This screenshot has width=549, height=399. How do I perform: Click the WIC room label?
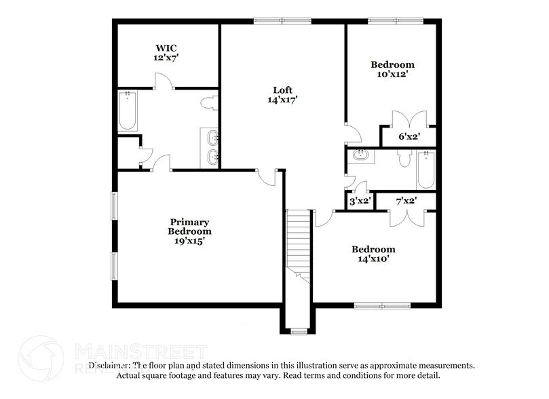point(166,49)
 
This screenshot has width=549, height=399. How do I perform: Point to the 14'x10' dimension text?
point(373,259)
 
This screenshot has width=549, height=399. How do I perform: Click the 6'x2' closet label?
point(408,136)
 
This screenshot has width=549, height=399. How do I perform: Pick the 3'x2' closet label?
point(359,201)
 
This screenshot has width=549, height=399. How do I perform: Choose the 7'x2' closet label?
point(406,201)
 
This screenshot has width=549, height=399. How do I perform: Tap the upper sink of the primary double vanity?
point(212,138)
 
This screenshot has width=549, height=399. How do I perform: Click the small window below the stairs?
point(297,332)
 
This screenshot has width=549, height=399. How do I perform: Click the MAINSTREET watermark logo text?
point(139,351)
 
